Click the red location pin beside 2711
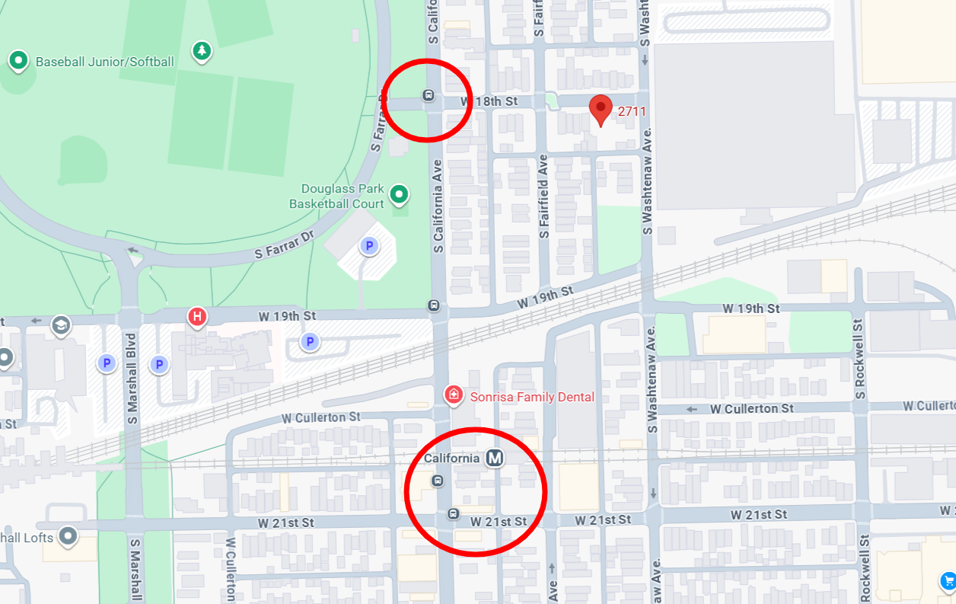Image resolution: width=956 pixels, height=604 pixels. pyautogui.click(x=601, y=110)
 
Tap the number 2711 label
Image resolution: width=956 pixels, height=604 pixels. pyautogui.click(x=632, y=112)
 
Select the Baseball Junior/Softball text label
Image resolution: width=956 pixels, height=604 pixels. pyautogui.click(x=105, y=62)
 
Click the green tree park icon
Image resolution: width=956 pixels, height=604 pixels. pyautogui.click(x=202, y=51)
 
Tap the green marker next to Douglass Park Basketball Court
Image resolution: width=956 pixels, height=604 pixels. pyautogui.click(x=399, y=195)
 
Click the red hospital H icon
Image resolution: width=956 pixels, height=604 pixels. pyautogui.click(x=197, y=316)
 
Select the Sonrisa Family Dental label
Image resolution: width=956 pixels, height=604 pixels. pyautogui.click(x=532, y=397)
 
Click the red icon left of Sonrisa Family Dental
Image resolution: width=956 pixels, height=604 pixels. pyautogui.click(x=454, y=395)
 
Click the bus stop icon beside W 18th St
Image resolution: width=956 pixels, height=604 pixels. pyautogui.click(x=428, y=95)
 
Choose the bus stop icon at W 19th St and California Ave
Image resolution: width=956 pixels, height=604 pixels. pyautogui.click(x=433, y=305)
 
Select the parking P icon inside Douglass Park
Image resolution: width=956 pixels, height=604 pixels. pyautogui.click(x=369, y=246)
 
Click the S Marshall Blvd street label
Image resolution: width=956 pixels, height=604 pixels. pyautogui.click(x=132, y=377)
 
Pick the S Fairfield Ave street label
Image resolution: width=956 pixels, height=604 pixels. pyautogui.click(x=543, y=196)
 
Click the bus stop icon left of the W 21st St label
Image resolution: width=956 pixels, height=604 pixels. pyautogui.click(x=454, y=513)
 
